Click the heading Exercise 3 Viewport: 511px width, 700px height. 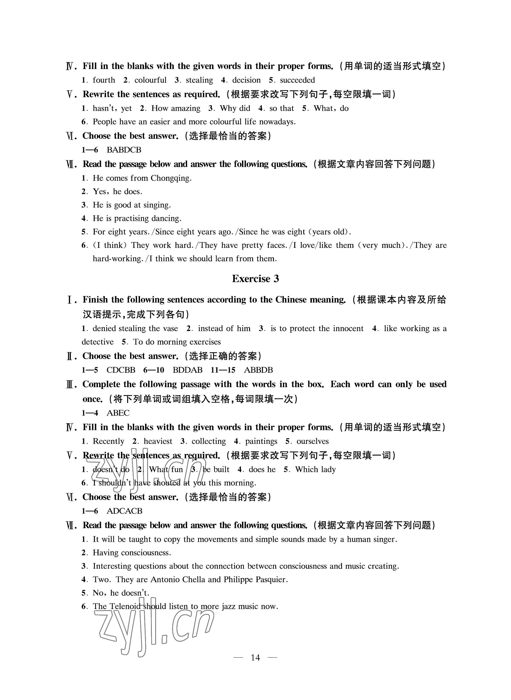(x=255, y=279)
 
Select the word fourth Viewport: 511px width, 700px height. (x=104, y=80)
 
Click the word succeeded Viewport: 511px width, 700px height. (x=297, y=80)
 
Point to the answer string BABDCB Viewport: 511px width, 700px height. (x=124, y=150)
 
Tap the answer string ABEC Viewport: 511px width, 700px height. (x=118, y=413)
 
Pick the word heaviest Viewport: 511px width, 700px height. (x=158, y=441)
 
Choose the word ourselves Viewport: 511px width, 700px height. (x=312, y=441)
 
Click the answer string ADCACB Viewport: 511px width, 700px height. (x=124, y=511)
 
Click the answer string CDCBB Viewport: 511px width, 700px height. (x=121, y=370)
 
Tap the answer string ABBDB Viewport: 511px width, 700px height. (x=258, y=370)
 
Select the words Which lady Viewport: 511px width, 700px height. (x=315, y=470)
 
